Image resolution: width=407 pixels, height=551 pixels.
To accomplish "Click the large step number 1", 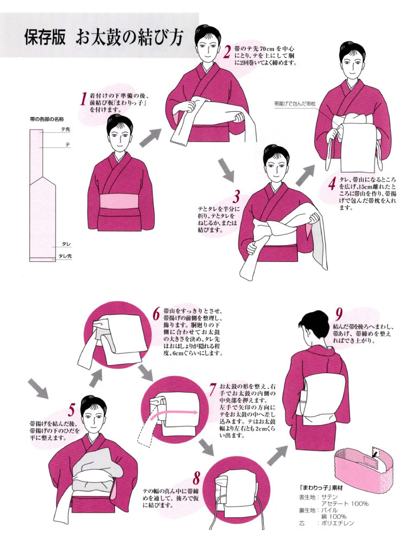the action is (83, 99).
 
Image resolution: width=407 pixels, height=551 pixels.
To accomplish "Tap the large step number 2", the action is (227, 52).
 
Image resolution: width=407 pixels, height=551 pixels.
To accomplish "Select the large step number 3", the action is (237, 197).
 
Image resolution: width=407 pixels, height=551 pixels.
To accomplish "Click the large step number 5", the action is (72, 411).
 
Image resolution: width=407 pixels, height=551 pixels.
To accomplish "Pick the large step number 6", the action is (156, 315).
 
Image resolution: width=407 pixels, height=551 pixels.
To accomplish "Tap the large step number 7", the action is (213, 389).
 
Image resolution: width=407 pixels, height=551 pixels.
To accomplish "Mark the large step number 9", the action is (339, 314).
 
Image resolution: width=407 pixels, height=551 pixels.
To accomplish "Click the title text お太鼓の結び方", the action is (129, 37).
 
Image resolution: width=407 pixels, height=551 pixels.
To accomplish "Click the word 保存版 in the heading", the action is (45, 37).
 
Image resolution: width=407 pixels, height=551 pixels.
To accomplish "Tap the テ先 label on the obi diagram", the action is (66, 129).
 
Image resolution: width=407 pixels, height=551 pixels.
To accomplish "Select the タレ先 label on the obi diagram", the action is (65, 256).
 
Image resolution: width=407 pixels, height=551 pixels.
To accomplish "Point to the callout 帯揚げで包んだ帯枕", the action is (295, 104).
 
